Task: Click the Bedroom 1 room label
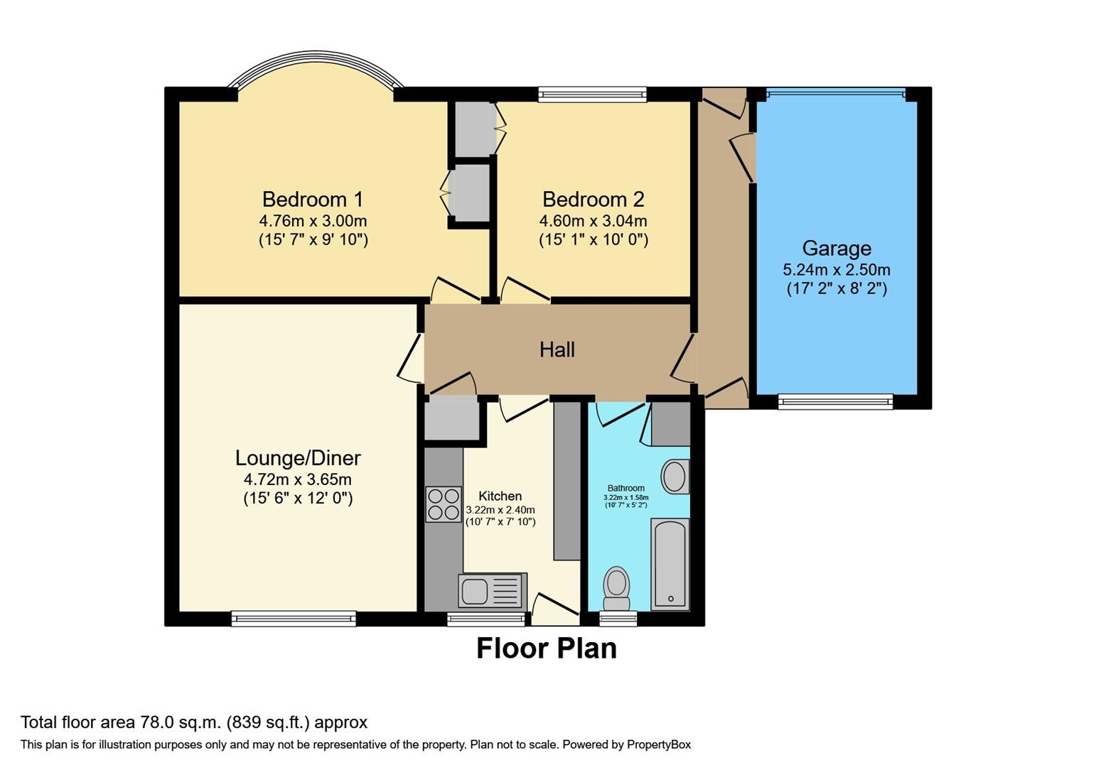pos(313,199)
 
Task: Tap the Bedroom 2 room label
pos(593,199)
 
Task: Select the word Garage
pos(837,249)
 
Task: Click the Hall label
pos(557,349)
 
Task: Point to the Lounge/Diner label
pos(298,458)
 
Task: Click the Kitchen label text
pos(500,496)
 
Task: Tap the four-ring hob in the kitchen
pos(443,504)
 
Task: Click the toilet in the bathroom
pos(616,588)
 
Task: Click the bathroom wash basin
pos(675,477)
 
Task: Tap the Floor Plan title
pos(546,648)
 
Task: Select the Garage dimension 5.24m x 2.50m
pos(837,270)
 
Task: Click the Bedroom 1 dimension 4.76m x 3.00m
pos(313,221)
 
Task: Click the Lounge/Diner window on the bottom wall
pos(294,619)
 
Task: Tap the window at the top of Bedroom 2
pos(592,94)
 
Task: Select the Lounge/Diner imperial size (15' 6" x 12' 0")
pos(298,499)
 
